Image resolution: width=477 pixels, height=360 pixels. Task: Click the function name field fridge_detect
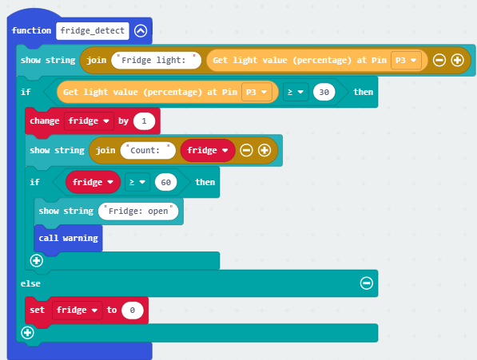pos(93,30)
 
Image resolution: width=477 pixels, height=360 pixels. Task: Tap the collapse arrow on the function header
pos(141,30)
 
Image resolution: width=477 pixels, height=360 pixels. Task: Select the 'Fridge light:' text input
pos(156,60)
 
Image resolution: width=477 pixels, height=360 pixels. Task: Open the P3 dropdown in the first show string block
pos(406,60)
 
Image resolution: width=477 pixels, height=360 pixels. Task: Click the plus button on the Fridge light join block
pos(457,60)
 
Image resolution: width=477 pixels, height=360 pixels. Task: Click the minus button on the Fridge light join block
pos(439,60)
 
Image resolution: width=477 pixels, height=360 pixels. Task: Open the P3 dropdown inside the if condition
pos(256,92)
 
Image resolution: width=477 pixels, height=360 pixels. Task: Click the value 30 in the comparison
pos(324,92)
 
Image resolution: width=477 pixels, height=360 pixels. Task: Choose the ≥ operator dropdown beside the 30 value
pos(296,92)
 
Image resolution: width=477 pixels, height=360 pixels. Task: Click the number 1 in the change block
pos(144,121)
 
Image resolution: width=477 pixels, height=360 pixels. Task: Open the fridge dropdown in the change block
pos(89,121)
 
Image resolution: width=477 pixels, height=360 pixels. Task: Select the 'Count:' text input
pos(148,150)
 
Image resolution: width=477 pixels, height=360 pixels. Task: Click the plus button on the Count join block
pos(264,150)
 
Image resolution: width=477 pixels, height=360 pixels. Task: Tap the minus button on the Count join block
pos(246,150)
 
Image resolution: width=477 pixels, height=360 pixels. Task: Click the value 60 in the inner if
pos(166,182)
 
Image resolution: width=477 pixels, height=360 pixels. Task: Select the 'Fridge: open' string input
pos(138,212)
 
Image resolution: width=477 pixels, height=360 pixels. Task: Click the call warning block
pos(69,238)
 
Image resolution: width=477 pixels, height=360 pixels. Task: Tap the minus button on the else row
pos(367,283)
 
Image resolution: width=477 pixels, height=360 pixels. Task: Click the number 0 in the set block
pos(133,311)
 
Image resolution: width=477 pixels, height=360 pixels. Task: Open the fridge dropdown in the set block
pos(78,311)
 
